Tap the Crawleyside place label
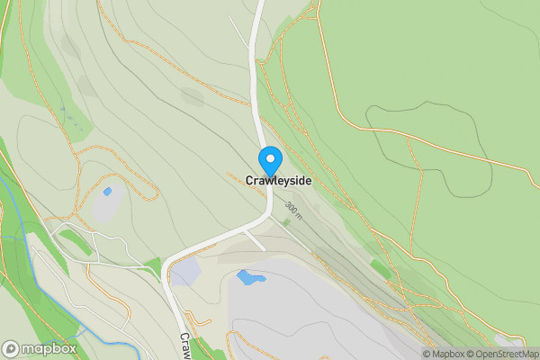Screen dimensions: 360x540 click(x=278, y=181)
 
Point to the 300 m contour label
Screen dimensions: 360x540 click(x=293, y=211)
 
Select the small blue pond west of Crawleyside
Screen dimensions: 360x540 click(x=108, y=191)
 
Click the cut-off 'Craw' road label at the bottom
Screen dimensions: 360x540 click(x=184, y=345)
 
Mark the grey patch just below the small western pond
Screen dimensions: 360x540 click(x=107, y=208)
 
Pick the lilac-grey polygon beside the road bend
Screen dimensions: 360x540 click(x=185, y=271)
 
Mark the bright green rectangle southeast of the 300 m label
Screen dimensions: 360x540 click(x=381, y=268)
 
